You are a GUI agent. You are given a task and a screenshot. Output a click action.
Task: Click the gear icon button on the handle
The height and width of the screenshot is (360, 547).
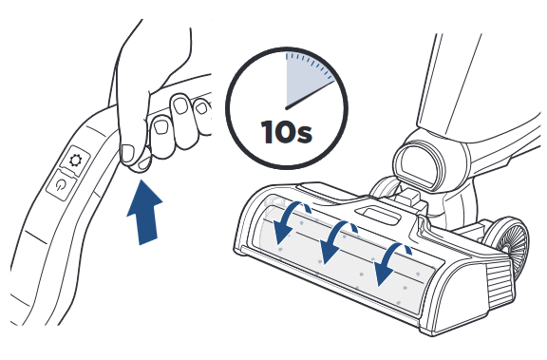75,161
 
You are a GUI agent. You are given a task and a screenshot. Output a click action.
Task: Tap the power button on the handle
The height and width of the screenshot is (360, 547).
61,185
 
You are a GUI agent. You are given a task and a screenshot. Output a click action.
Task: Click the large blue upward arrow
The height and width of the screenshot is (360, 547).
144,212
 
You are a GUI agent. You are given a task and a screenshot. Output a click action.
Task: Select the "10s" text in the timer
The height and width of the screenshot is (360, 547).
287,132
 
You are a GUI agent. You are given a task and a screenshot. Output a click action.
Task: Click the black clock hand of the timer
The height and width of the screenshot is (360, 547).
310,94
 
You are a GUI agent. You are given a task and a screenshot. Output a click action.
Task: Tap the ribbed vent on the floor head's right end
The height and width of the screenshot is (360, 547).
500,284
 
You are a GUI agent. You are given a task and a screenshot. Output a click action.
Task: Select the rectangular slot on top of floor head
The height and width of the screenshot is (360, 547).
379,214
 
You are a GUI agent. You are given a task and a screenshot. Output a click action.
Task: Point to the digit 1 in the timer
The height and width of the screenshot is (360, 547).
267,132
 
